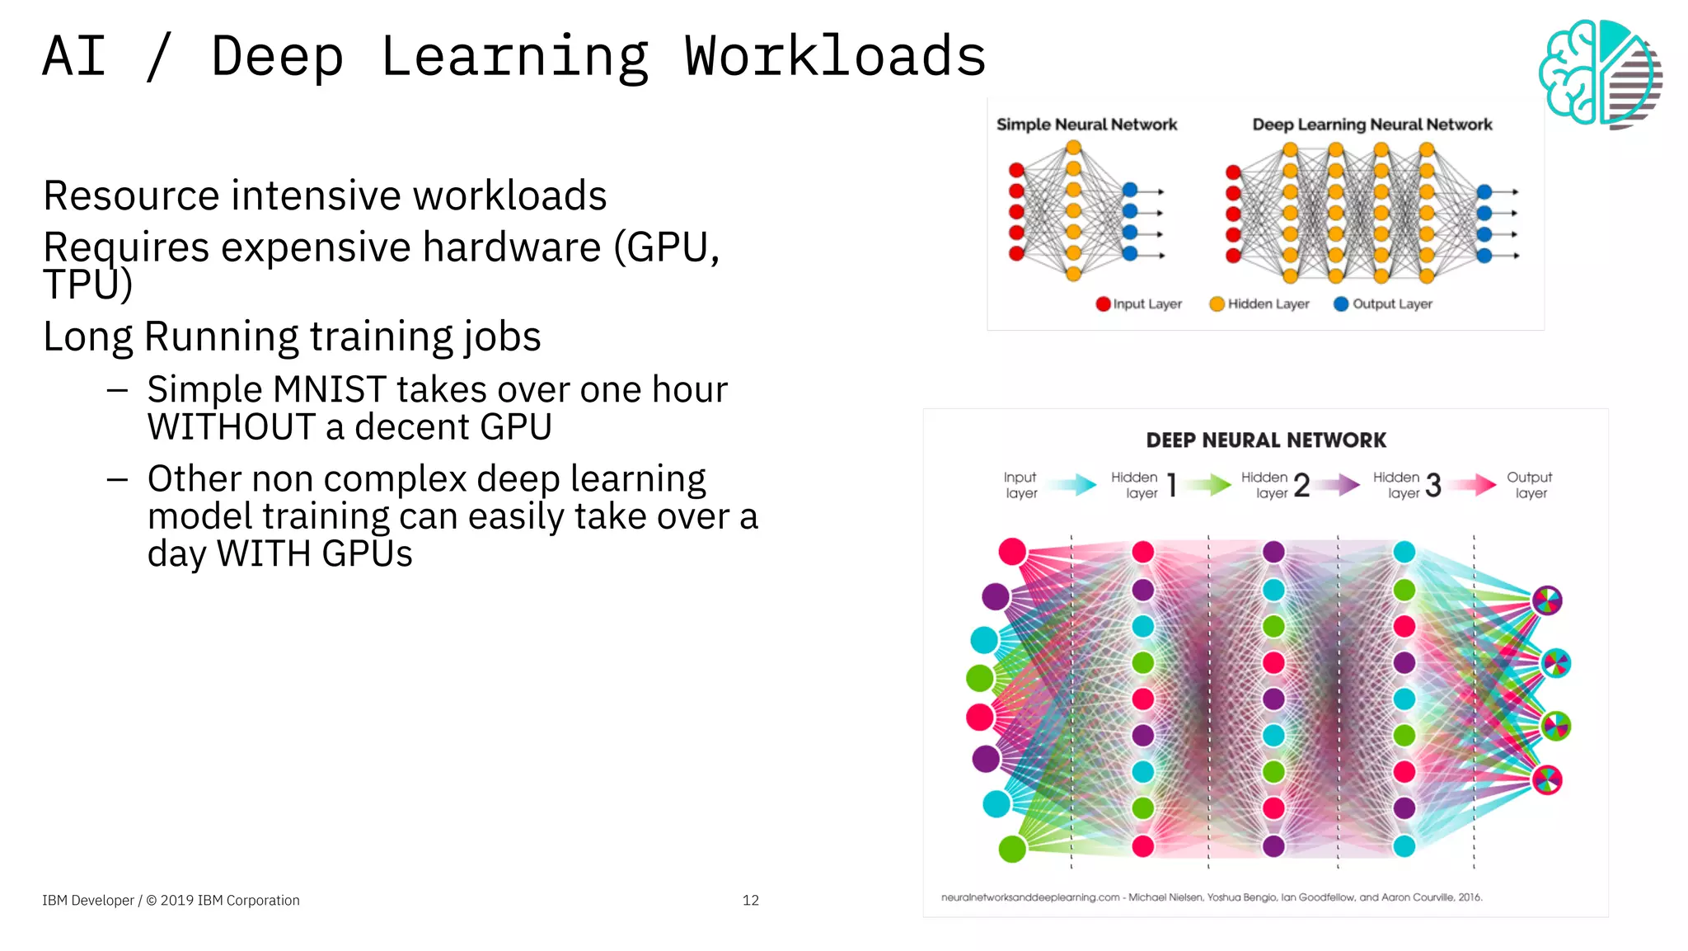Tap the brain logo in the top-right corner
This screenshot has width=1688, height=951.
pyautogui.click(x=1599, y=73)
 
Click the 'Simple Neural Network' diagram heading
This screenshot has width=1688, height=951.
pyautogui.click(x=1086, y=125)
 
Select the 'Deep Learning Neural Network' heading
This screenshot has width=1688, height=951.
pyautogui.click(x=1371, y=125)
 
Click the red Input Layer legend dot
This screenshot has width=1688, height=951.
pyautogui.click(x=1103, y=304)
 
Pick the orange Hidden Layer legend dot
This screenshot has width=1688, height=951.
pyautogui.click(x=1217, y=304)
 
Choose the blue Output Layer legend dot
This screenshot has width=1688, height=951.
pyautogui.click(x=1341, y=304)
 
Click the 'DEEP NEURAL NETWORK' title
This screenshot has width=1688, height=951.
pyautogui.click(x=1266, y=440)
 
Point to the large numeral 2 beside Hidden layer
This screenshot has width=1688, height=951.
pyautogui.click(x=1301, y=486)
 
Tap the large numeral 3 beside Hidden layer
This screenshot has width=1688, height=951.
pyautogui.click(x=1433, y=486)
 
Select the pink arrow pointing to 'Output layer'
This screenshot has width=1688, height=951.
pyautogui.click(x=1474, y=484)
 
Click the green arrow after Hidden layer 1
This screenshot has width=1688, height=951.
pyautogui.click(x=1209, y=484)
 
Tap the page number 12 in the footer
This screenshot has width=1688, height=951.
pyautogui.click(x=750, y=900)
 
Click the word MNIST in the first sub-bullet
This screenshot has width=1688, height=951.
pyautogui.click(x=330, y=389)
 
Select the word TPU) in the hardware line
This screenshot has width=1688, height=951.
pyautogui.click(x=87, y=285)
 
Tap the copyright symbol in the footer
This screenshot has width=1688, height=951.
pyautogui.click(x=151, y=900)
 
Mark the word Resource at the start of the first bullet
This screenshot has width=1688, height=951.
pyautogui.click(x=132, y=196)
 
